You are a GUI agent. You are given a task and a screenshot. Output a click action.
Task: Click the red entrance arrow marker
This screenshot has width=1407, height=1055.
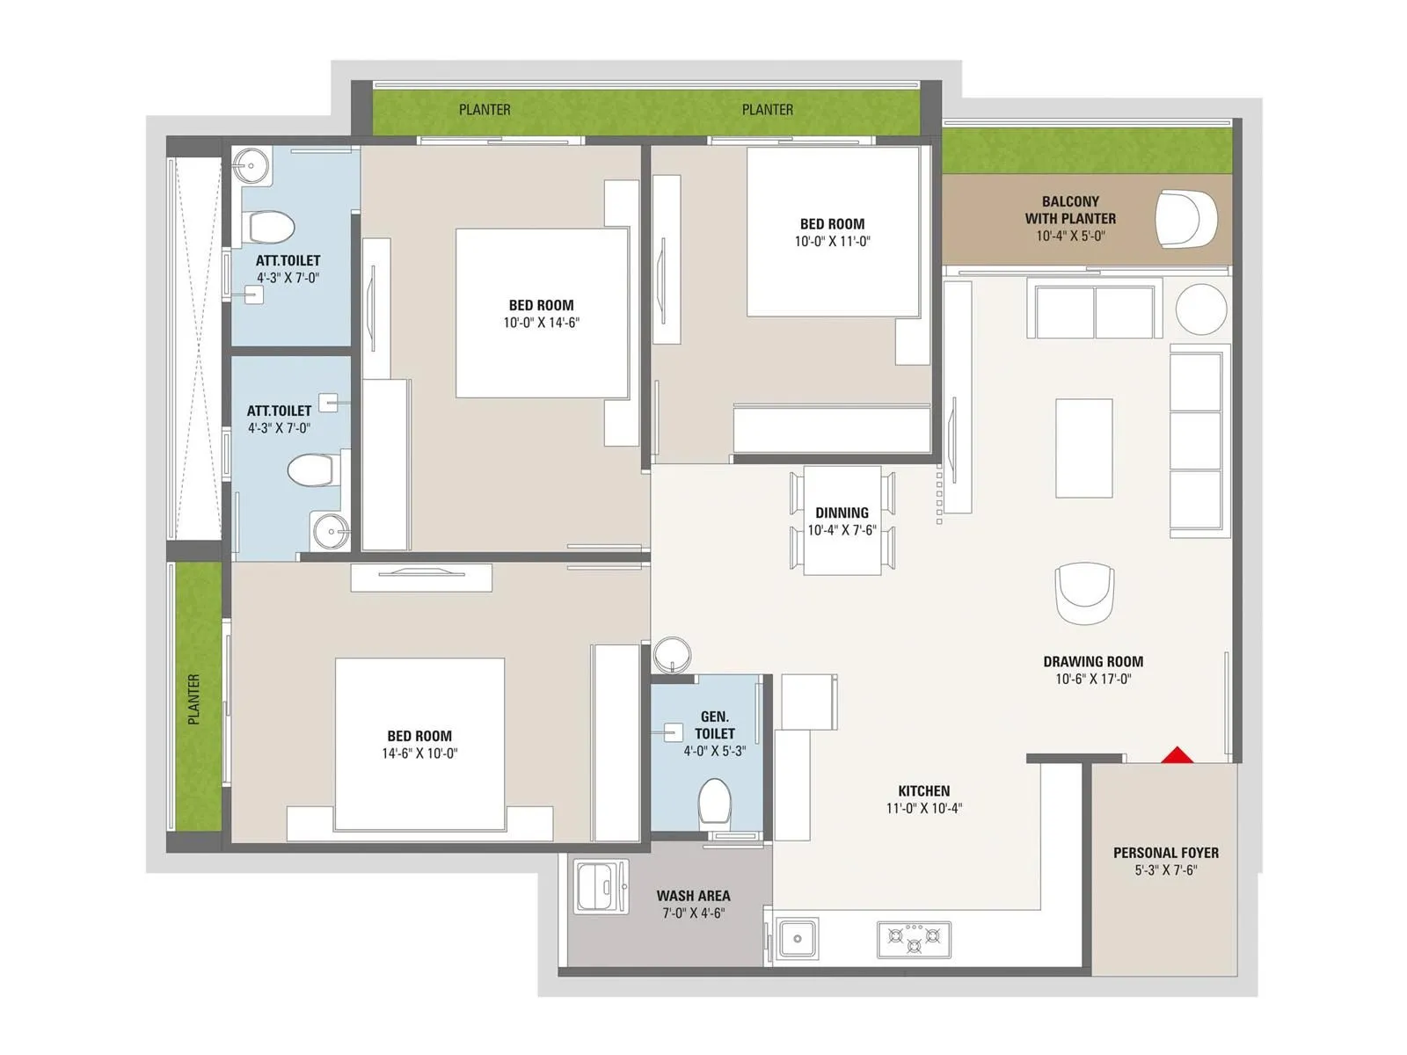(1177, 755)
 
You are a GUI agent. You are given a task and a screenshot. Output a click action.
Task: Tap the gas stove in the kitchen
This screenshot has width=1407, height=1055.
(914, 939)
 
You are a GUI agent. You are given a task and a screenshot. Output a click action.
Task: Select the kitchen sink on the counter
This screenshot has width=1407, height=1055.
(797, 938)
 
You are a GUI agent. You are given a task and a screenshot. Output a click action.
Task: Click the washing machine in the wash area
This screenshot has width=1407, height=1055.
(601, 885)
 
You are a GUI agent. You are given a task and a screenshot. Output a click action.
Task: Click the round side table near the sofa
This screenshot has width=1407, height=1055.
(1200, 309)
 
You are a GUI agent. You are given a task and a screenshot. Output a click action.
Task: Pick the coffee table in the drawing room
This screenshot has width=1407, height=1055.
(1083, 447)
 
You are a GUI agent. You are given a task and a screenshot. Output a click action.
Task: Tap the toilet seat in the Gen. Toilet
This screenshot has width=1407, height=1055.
(714, 803)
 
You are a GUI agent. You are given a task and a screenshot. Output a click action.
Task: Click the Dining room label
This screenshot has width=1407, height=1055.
(842, 513)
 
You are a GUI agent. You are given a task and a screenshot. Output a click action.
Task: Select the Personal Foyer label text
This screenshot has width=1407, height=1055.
(1165, 853)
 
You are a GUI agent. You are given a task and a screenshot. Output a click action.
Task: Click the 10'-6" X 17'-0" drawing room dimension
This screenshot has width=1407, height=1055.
(1093, 679)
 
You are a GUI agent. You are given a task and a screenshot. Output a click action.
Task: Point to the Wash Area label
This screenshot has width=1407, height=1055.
(693, 896)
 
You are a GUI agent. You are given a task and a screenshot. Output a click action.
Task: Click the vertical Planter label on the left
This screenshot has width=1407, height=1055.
(194, 699)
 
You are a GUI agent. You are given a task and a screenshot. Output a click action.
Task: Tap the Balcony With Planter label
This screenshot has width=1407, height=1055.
(1069, 209)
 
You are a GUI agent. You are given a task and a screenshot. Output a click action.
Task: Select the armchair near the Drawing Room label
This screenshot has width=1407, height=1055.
(1084, 593)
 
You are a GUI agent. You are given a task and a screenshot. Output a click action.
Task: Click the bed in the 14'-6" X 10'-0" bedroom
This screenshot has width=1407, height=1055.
(419, 744)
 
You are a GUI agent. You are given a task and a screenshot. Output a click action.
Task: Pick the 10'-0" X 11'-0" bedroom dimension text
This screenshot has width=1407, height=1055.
(832, 241)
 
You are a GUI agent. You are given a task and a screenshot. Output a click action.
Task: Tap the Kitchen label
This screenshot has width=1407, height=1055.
(923, 791)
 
